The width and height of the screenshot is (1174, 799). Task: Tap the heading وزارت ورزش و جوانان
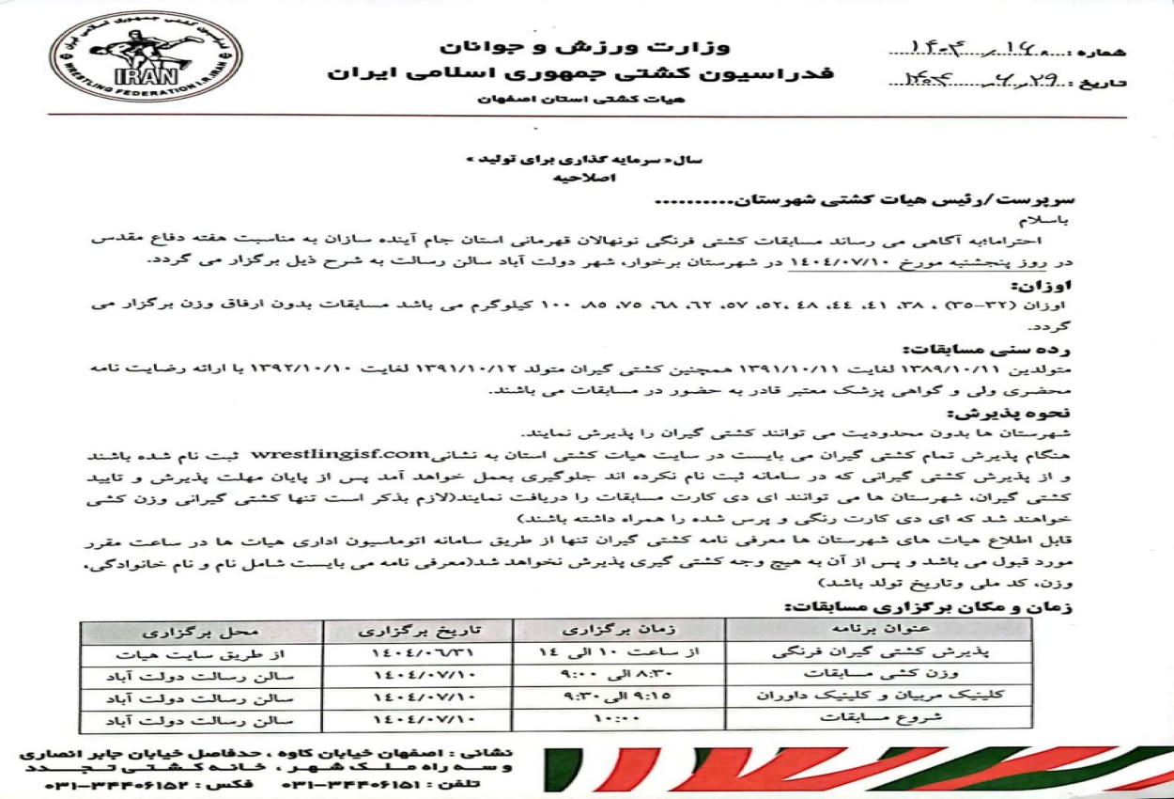tap(585, 46)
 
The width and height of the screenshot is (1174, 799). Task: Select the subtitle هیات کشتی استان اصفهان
tap(582, 98)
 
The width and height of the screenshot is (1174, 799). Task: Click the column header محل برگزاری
tap(202, 629)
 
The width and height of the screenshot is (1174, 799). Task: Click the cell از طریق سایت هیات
tap(202, 651)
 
